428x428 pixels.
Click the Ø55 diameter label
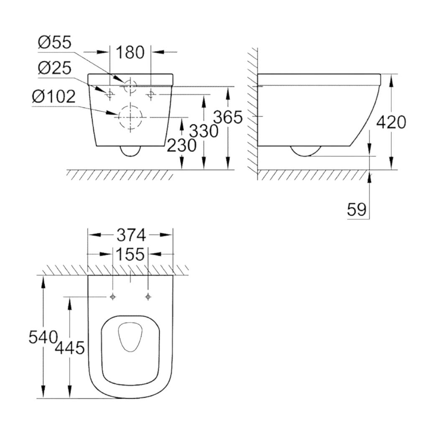coord(55,42)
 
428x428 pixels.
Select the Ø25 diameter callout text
coord(55,68)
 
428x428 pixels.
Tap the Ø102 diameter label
coord(53,97)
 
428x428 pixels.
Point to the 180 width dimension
coord(130,52)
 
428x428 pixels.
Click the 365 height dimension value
coord(228,117)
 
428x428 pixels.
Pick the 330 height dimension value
coord(204,131)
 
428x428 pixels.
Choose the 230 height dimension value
coord(181,145)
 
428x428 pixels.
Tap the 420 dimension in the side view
coord(391,122)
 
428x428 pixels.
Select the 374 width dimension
coord(131,235)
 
